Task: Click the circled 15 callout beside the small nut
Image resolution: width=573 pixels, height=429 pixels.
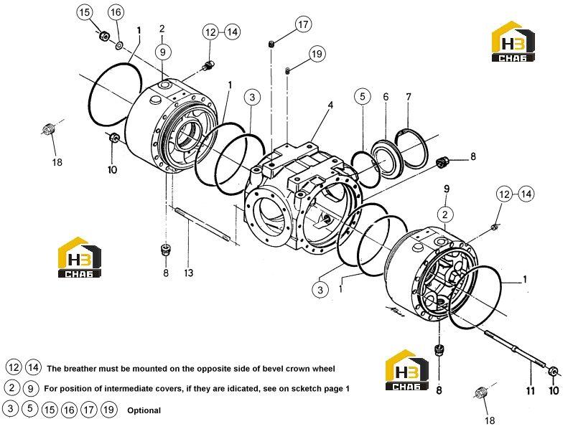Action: tap(85, 12)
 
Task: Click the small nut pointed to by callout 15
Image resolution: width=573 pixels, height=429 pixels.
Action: tap(104, 35)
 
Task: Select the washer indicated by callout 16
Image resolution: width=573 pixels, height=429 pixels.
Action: tap(119, 46)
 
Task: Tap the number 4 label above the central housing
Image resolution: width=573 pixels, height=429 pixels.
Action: tap(330, 105)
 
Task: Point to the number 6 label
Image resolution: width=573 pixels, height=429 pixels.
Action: tap(386, 97)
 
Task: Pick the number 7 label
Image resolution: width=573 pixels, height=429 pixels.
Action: tap(409, 97)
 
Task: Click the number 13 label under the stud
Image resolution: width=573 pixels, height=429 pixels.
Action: tap(189, 273)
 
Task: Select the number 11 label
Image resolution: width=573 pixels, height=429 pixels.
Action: tap(530, 391)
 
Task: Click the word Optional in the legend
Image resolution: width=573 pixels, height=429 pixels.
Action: tap(144, 410)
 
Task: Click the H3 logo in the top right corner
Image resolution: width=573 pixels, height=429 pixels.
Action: tap(513, 42)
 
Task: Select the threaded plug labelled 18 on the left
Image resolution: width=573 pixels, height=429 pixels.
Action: tap(49, 129)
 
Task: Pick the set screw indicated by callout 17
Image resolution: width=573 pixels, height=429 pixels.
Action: tap(271, 44)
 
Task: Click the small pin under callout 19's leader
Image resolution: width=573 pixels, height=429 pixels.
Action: tap(288, 71)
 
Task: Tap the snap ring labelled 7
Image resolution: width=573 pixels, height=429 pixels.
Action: tap(411, 148)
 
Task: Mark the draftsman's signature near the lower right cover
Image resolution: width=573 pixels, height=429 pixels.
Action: tap(395, 311)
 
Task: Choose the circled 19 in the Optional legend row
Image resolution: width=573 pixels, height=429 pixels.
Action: tap(108, 410)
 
